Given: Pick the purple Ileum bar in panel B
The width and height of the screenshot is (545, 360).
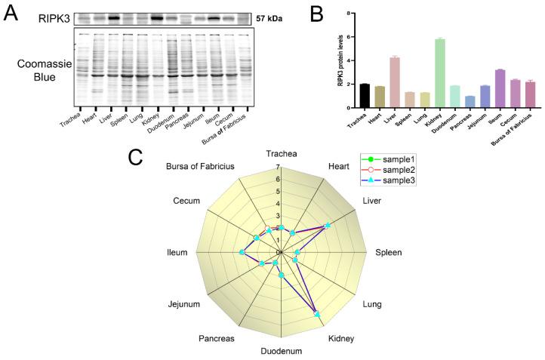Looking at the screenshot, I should pyautogui.click(x=500, y=88).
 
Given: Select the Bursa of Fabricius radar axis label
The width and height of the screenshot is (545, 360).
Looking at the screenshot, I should pyautogui.click(x=201, y=165).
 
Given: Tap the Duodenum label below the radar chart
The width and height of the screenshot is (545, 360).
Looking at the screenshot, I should pyautogui.click(x=281, y=351).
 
